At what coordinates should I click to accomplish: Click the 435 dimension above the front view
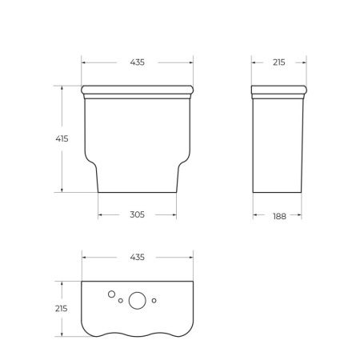pos(137,62)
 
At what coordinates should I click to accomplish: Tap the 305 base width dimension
pos(137,214)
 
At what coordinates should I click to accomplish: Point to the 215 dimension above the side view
pos(278,62)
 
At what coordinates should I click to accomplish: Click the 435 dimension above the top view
pos(137,257)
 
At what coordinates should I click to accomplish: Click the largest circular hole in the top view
pos(137,301)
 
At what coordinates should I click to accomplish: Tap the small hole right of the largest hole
pos(154,302)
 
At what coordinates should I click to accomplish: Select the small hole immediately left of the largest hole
pos(120,302)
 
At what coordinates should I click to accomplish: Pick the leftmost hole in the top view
pos(110,294)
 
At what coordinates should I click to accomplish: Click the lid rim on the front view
pos(137,88)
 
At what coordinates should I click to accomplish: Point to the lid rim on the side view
pos(278,88)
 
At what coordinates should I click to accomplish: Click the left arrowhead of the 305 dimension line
pos(100,214)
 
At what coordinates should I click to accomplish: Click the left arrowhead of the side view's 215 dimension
pos(254,62)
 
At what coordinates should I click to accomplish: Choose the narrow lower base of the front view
pos(137,180)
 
